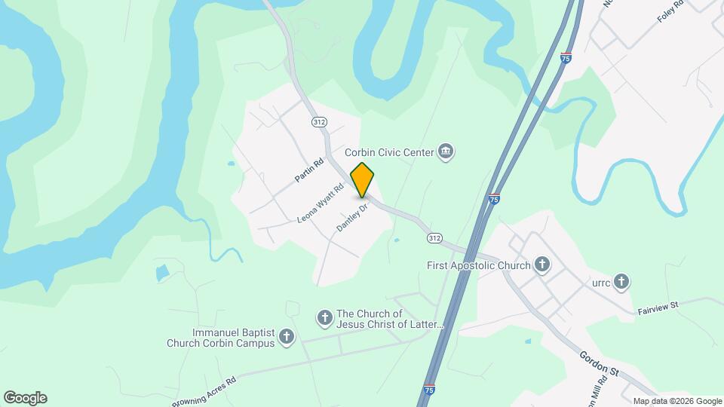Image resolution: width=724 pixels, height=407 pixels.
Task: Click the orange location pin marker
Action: coord(363,179)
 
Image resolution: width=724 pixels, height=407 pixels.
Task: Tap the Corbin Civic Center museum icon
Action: coord(446,152)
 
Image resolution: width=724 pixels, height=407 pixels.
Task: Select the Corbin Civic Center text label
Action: coord(389,152)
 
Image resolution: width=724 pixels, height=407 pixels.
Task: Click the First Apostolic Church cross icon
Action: coord(541,265)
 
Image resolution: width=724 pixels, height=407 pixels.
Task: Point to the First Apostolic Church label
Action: coord(479,265)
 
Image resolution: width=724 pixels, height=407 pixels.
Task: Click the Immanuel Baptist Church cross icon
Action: coord(287,337)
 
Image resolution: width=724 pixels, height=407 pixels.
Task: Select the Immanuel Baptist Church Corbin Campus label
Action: coord(222,338)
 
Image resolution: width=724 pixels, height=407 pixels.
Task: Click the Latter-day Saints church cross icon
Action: coord(325,318)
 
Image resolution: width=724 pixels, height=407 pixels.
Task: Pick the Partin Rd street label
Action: coord(309,169)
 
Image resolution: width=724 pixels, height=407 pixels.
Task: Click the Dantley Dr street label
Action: coord(352,216)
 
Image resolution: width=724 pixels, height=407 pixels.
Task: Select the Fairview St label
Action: coord(658,307)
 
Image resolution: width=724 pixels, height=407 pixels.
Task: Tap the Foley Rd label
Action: coord(670,10)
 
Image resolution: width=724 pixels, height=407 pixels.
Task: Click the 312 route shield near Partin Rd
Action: coord(319,122)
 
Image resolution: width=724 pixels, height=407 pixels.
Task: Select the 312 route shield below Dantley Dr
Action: coord(434,238)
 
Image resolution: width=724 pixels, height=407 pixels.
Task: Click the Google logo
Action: coord(25,398)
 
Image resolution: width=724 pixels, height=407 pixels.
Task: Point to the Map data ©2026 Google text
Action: coord(676,401)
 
